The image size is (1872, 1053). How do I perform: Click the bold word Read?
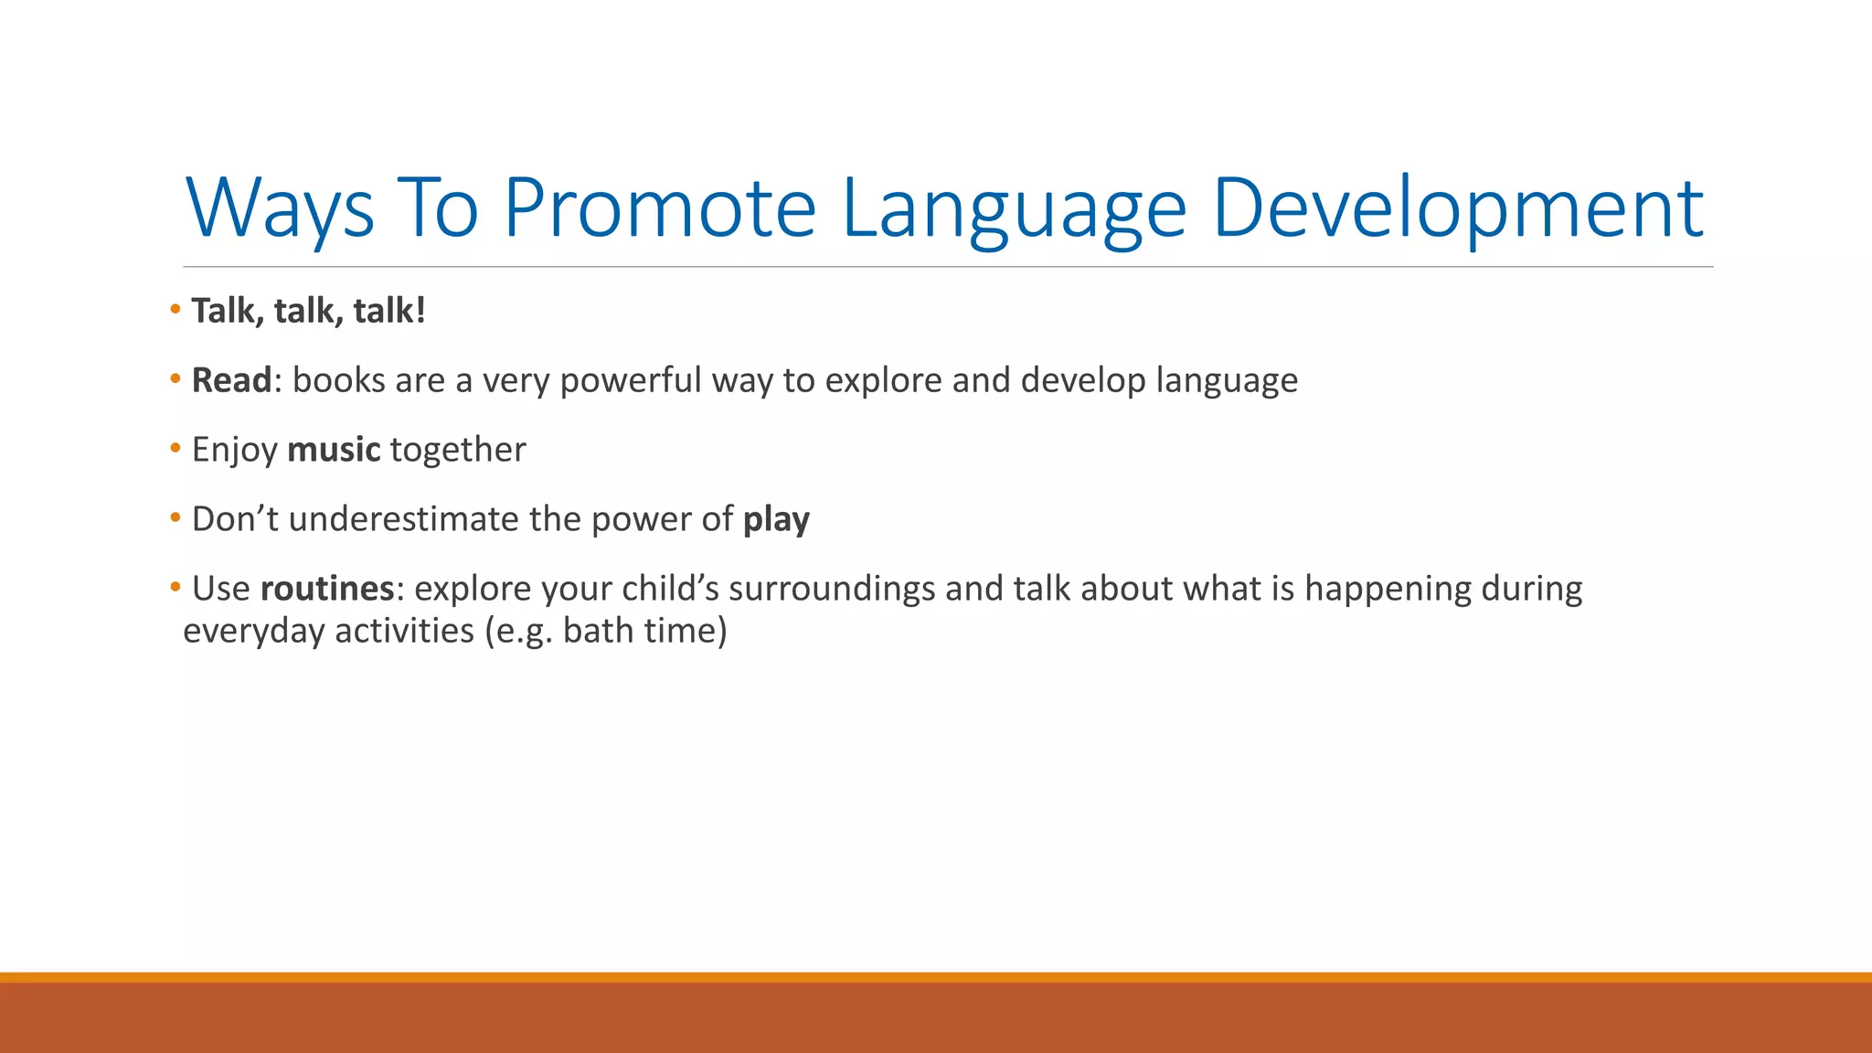pyautogui.click(x=231, y=380)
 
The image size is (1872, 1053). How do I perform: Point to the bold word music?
pyautogui.click(x=334, y=450)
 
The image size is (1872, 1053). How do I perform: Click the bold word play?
pyautogui.click(x=776, y=519)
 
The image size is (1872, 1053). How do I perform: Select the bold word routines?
pyautogui.click(x=327, y=589)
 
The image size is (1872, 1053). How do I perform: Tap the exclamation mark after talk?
pyautogui.click(x=420, y=311)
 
